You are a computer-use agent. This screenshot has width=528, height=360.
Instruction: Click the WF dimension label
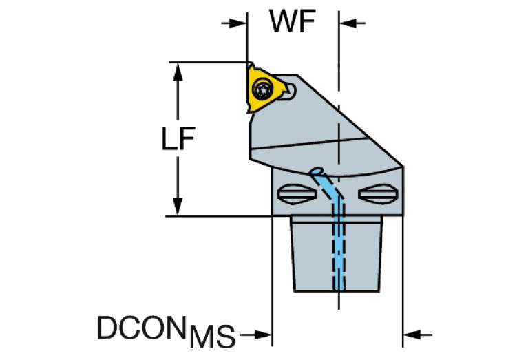click(x=292, y=23)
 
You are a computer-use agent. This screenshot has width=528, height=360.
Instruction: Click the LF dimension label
click(x=178, y=140)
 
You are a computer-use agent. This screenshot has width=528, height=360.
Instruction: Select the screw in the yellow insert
click(x=262, y=88)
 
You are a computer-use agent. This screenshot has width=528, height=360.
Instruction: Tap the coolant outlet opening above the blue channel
click(x=317, y=170)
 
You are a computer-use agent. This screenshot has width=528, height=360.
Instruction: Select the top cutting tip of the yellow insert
click(x=250, y=64)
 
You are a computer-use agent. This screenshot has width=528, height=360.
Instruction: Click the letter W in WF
click(x=282, y=23)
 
